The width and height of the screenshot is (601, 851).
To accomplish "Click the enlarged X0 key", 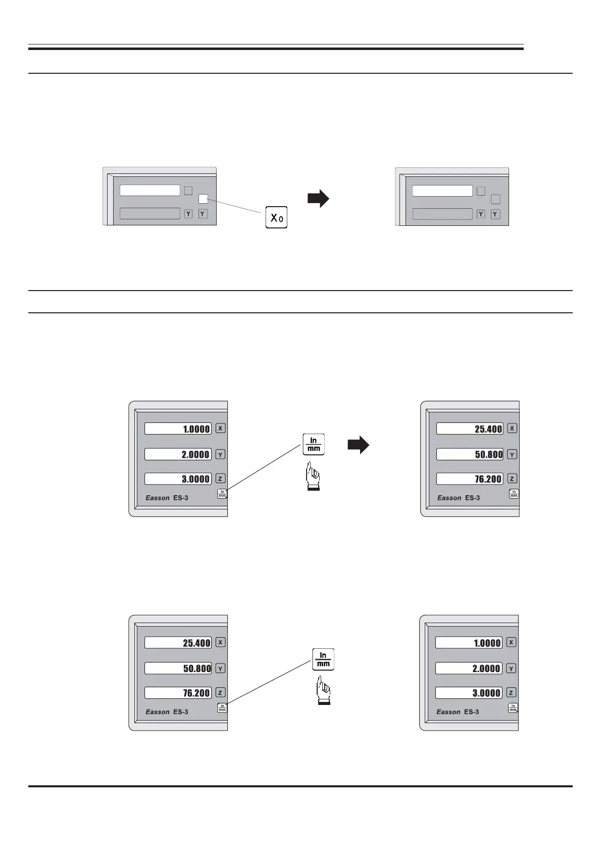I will pyautogui.click(x=276, y=217).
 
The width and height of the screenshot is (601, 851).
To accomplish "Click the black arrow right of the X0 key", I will pyautogui.click(x=318, y=199).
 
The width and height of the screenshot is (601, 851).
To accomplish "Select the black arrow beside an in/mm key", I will pyautogui.click(x=358, y=445).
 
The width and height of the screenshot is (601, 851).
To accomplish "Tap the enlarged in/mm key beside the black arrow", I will pyautogui.click(x=314, y=444).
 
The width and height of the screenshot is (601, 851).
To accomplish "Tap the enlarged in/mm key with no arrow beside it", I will pyautogui.click(x=323, y=659).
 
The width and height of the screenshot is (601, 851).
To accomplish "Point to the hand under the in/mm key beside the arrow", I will pyautogui.click(x=313, y=478).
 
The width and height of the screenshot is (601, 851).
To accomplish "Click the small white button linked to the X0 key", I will pyautogui.click(x=203, y=199).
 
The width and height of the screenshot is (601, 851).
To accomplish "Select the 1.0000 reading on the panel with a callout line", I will pyautogui.click(x=178, y=429).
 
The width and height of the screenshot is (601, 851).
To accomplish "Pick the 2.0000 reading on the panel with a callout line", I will pyautogui.click(x=178, y=454).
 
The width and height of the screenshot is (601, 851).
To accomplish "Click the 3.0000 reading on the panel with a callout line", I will pyautogui.click(x=178, y=479).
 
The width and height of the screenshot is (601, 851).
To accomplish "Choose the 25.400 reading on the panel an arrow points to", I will pyautogui.click(x=470, y=429).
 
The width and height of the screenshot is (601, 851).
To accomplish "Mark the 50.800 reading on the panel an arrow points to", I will pyautogui.click(x=470, y=454).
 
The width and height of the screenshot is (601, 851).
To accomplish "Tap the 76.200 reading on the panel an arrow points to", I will pyautogui.click(x=470, y=479).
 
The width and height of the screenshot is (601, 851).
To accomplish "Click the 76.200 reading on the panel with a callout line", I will pyautogui.click(x=178, y=693).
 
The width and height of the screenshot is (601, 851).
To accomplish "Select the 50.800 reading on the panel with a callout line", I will pyautogui.click(x=178, y=668).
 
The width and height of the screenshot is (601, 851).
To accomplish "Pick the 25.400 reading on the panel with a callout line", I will pyautogui.click(x=178, y=643).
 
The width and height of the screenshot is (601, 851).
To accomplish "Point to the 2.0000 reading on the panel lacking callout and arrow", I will pyautogui.click(x=469, y=668).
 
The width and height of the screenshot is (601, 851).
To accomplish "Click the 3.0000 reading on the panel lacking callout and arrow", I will pyautogui.click(x=469, y=693).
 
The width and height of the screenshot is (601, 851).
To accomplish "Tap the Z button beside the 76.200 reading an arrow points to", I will pyautogui.click(x=512, y=479).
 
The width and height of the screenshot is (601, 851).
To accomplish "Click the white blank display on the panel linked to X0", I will pyautogui.click(x=150, y=191).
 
